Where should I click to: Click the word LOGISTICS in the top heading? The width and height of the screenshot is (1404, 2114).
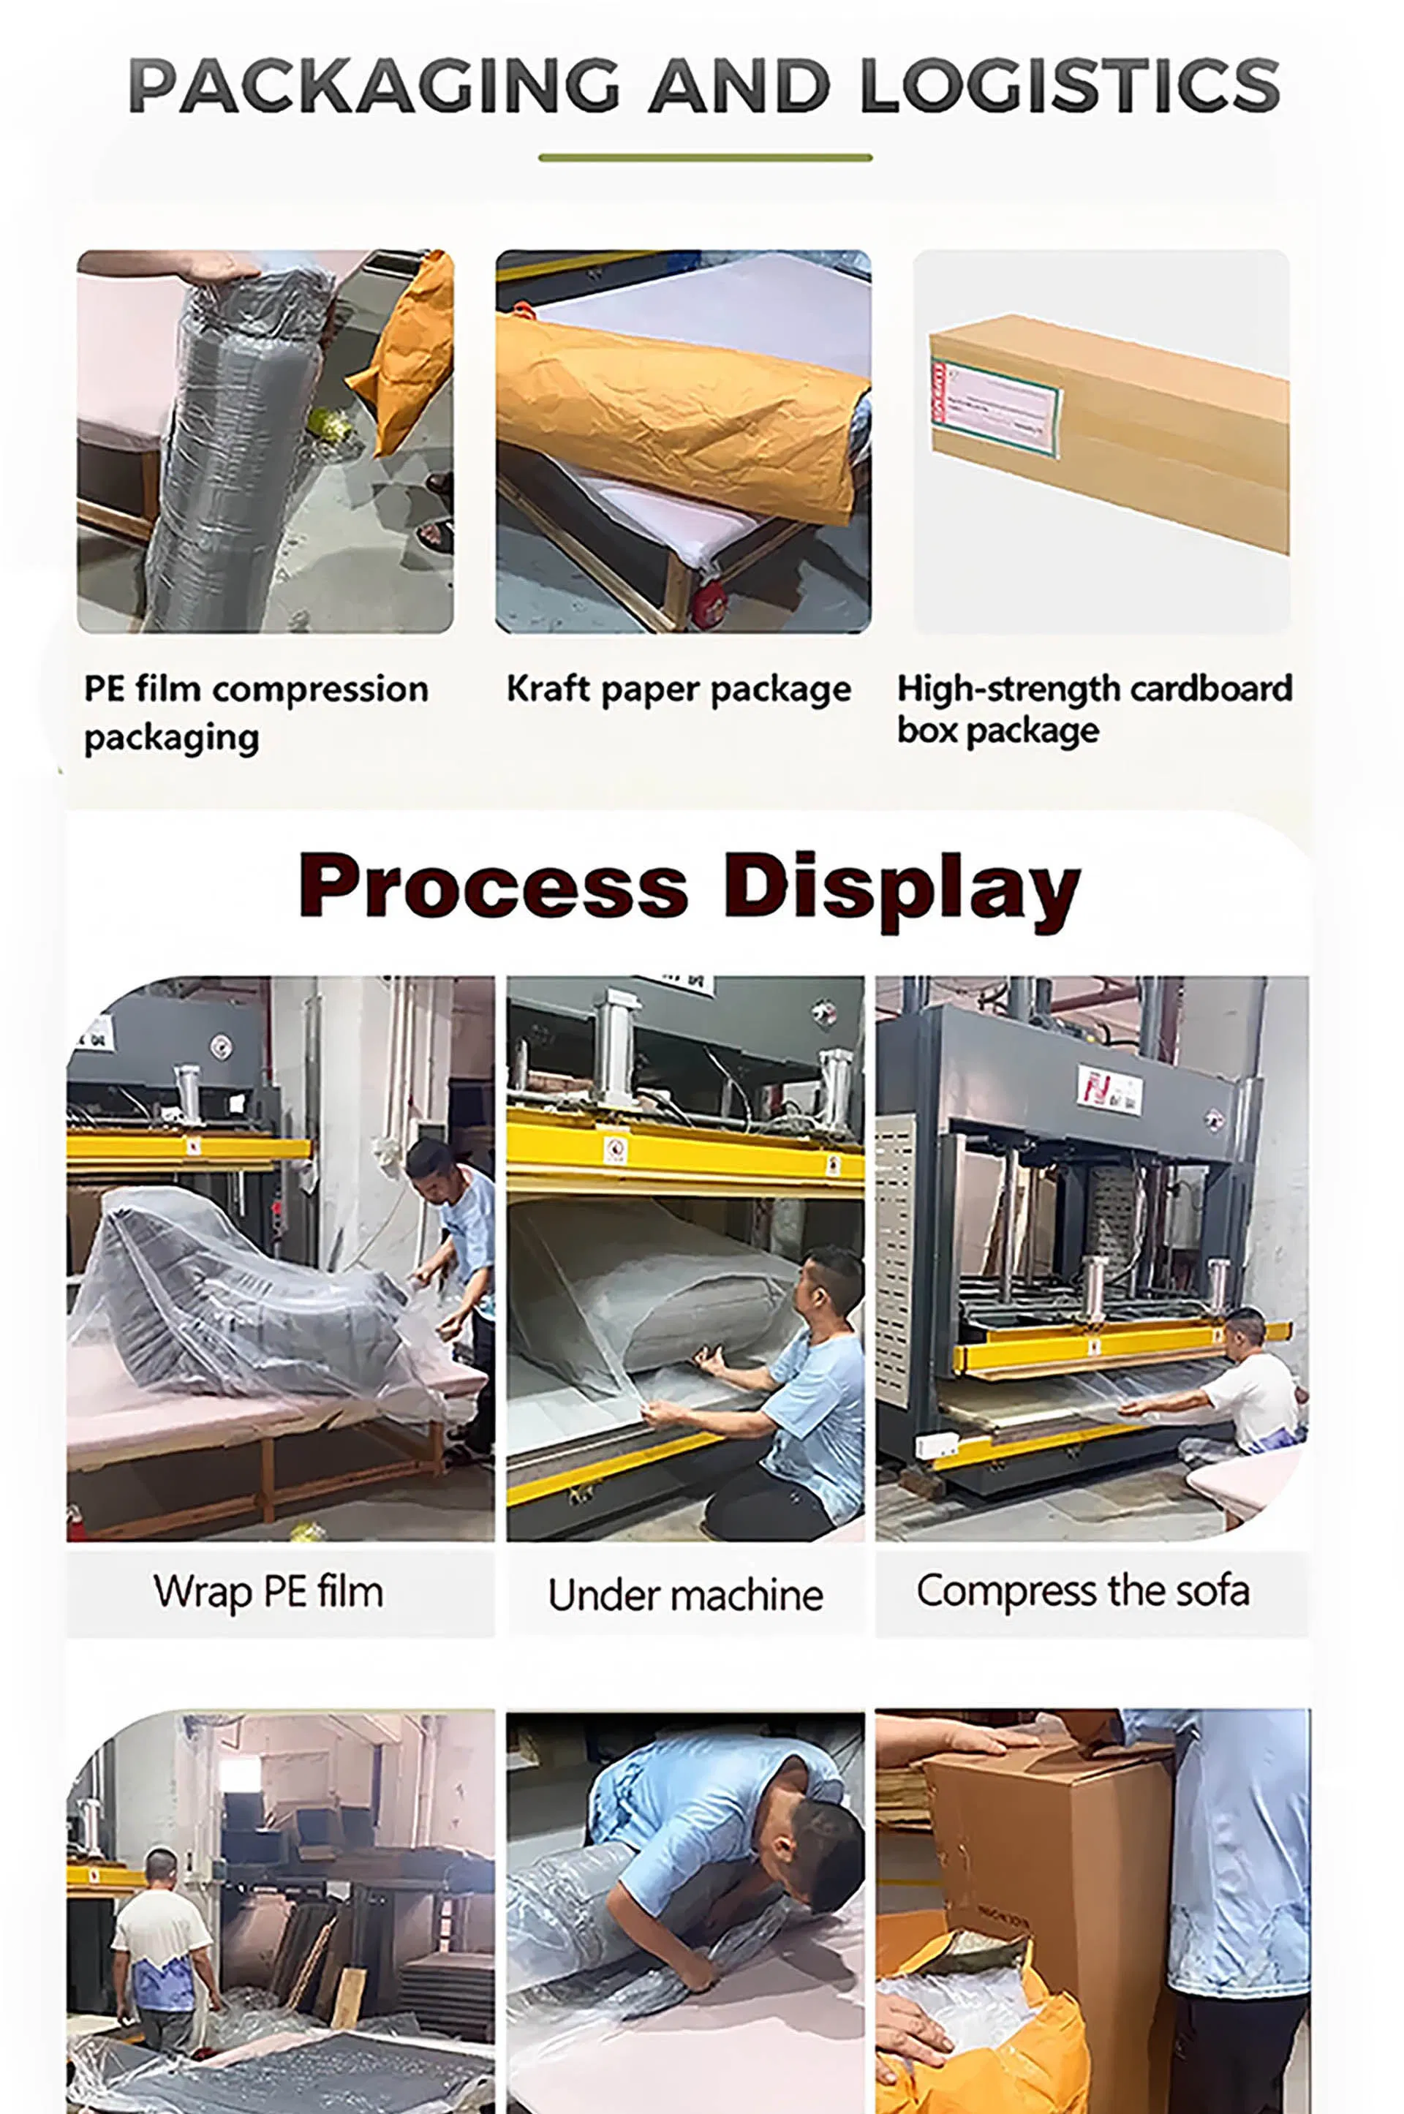pos(1069,86)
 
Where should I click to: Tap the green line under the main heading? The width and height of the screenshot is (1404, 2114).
pos(705,158)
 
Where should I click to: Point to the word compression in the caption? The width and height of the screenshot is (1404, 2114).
pos(320,690)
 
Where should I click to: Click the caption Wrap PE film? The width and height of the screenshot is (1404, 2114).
pos(268,1592)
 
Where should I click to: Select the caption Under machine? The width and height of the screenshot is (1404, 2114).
pos(686,1595)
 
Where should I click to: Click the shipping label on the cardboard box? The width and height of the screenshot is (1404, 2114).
pos(996,408)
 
